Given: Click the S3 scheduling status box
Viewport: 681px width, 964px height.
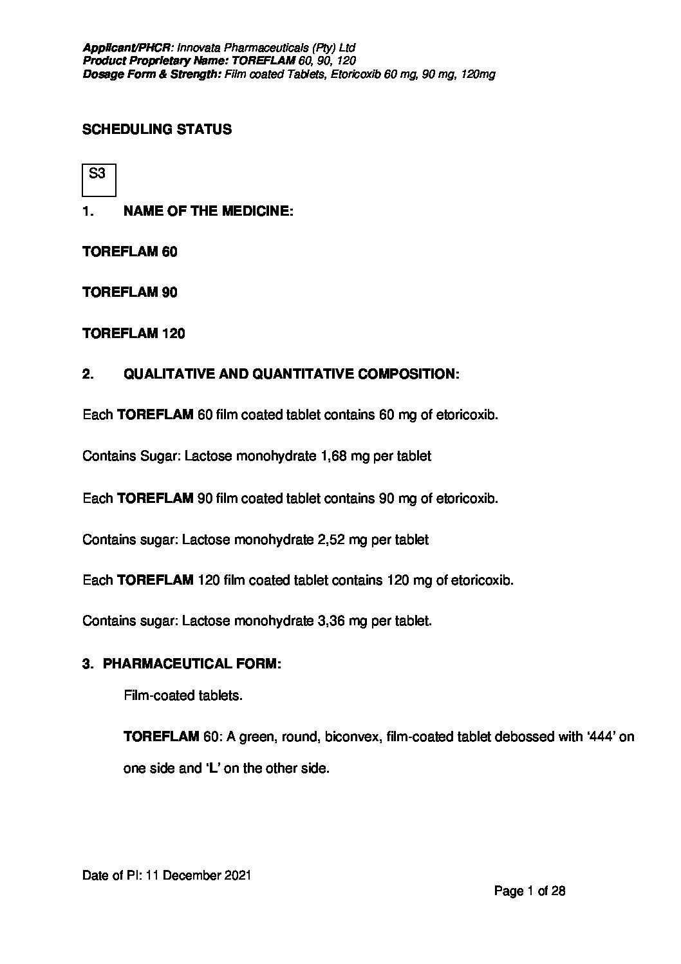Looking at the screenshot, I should (x=99, y=180).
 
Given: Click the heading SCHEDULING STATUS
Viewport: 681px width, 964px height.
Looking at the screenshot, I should (x=157, y=129).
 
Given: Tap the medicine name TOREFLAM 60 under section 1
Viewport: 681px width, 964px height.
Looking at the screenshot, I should (x=130, y=252).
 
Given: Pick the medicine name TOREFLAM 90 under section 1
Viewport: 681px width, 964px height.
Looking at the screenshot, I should (x=130, y=292).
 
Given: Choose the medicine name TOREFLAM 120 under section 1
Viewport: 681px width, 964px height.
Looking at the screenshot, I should (x=134, y=334).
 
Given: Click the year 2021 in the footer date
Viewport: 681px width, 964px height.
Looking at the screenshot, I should (x=237, y=876).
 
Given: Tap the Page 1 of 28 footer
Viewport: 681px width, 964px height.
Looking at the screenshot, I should (x=530, y=891).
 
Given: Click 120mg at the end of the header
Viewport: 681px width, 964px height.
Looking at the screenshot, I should (x=479, y=75).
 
